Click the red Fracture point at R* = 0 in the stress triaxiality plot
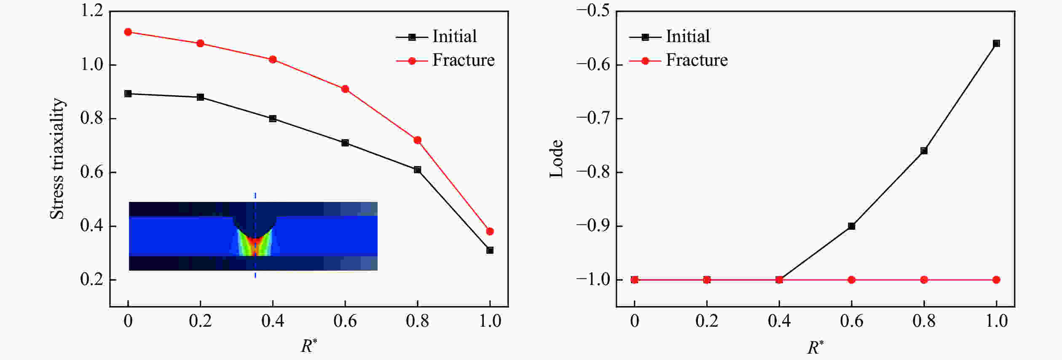click(128, 32)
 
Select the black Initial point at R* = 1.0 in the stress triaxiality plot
click(490, 250)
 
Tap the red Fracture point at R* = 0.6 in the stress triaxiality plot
click(345, 89)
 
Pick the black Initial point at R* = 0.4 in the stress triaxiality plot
click(273, 118)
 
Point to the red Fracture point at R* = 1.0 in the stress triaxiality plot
click(490, 231)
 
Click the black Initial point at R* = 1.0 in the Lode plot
click(996, 43)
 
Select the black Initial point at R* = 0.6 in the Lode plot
click(851, 226)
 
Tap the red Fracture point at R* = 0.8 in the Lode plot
click(924, 280)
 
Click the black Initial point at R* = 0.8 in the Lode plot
click(924, 151)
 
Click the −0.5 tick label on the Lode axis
click(593, 11)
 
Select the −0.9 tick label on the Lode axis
click(593, 226)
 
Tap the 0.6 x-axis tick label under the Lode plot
click(851, 321)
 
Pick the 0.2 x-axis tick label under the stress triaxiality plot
click(200, 321)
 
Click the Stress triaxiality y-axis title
click(57, 159)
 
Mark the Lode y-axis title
click(557, 159)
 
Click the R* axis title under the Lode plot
click(815, 347)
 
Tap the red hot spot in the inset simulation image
click(255, 247)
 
